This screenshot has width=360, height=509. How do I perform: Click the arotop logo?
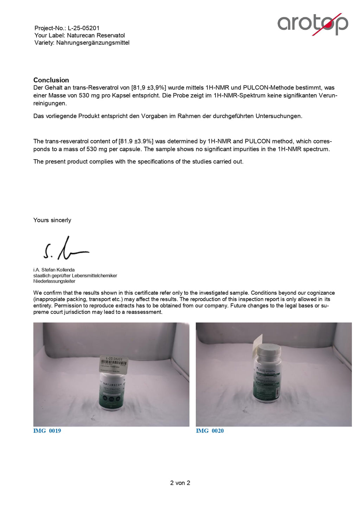(x=313, y=24)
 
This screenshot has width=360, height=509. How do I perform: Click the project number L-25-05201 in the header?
(x=84, y=28)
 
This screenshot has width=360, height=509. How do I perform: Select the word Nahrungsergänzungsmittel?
(x=93, y=43)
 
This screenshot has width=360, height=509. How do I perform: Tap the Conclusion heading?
(x=51, y=80)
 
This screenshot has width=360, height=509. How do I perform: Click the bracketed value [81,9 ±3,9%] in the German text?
(x=149, y=88)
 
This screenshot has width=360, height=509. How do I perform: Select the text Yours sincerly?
(x=52, y=220)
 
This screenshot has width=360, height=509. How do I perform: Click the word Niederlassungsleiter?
(x=54, y=281)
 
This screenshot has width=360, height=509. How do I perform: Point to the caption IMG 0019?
(x=47, y=431)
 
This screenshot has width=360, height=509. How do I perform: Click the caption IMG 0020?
(x=210, y=431)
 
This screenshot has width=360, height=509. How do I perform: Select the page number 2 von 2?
(x=180, y=483)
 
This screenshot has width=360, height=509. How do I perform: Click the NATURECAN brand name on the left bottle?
(x=112, y=384)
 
